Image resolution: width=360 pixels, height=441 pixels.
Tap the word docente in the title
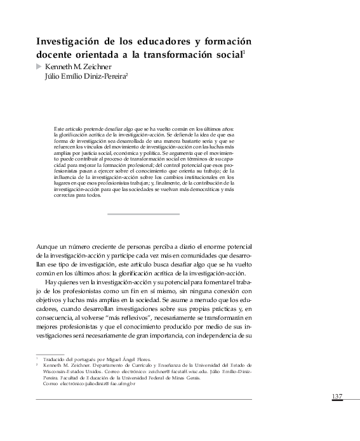(x=56, y=55)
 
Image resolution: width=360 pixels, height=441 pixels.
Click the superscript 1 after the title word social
(x=244, y=53)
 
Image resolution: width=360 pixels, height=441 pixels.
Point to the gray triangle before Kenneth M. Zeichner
(x=39, y=65)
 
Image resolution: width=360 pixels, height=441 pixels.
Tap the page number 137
(x=337, y=397)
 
